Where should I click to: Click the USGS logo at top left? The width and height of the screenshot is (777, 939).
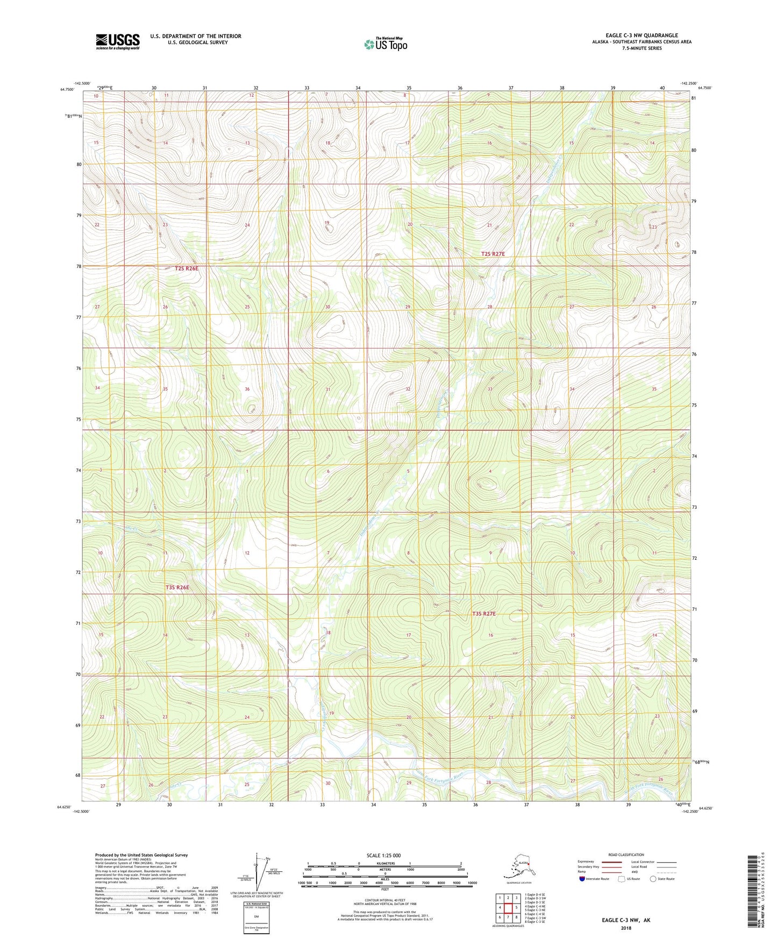117,41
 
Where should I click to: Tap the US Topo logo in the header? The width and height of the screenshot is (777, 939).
386,44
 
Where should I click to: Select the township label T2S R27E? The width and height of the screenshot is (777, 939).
493,253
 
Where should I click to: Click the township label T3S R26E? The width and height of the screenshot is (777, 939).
177,587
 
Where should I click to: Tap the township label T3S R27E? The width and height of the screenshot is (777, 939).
484,614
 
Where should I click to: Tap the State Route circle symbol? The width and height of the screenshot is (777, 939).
653,879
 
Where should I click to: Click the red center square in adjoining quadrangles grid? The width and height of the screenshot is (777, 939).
508,908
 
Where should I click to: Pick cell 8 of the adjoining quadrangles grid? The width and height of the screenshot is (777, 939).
516,917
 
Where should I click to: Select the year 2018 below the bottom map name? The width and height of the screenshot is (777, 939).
625,928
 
